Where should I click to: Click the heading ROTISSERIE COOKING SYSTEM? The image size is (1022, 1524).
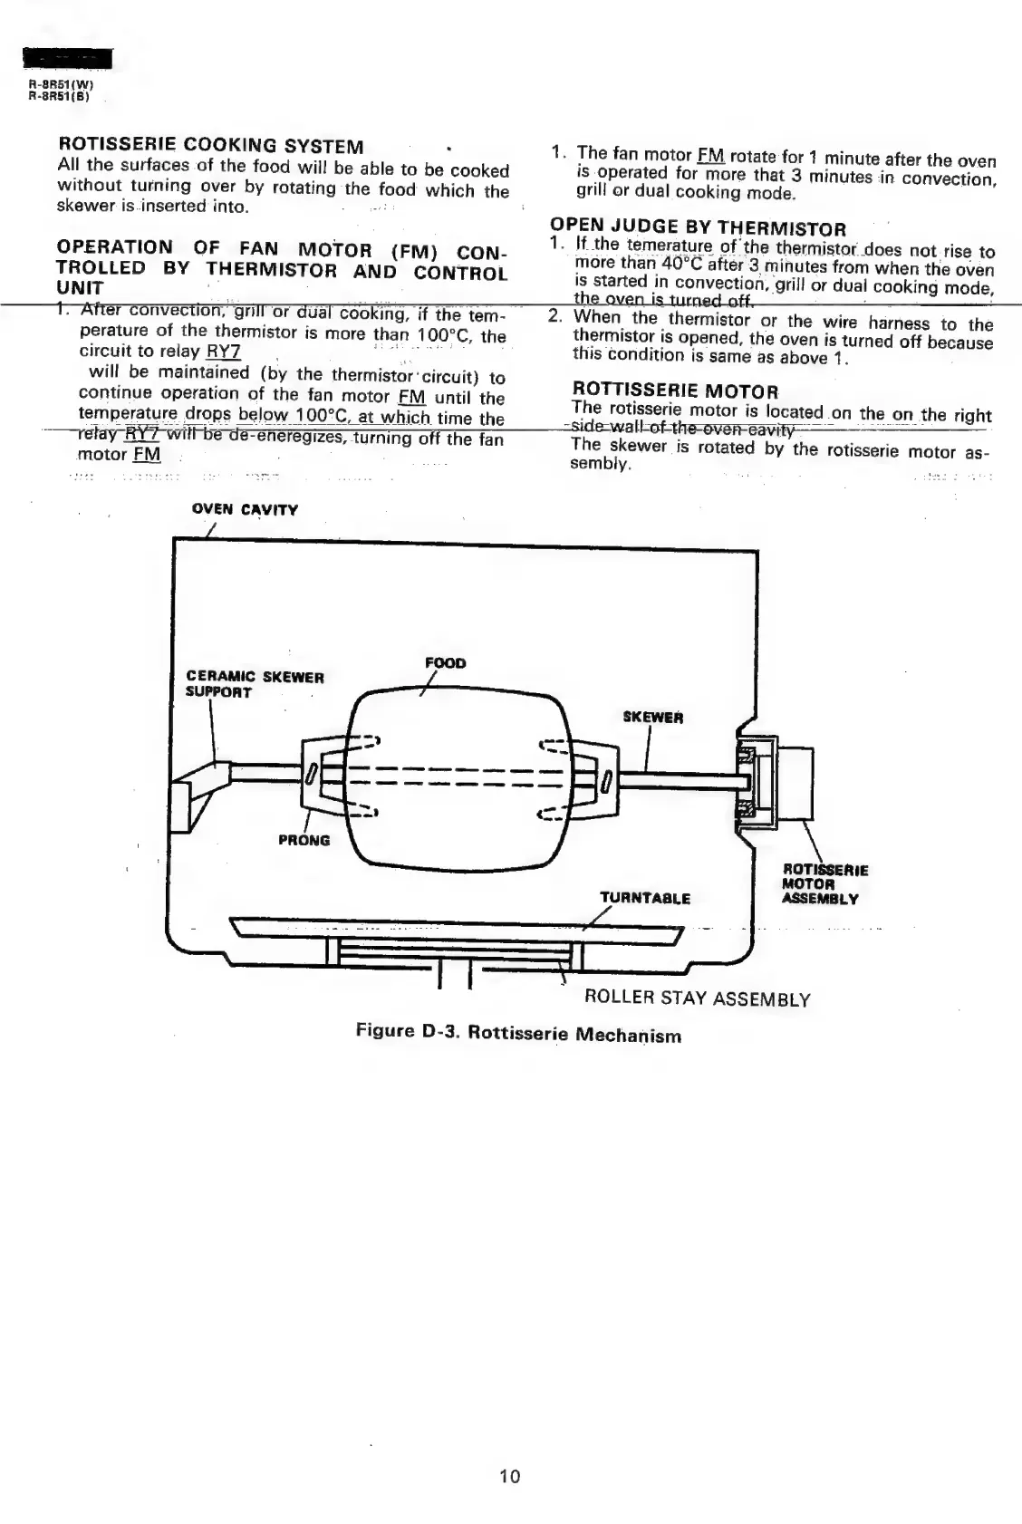tap(210, 145)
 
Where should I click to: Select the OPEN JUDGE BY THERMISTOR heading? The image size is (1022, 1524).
tap(698, 228)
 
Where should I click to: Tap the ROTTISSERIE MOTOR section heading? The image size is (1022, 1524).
tap(675, 391)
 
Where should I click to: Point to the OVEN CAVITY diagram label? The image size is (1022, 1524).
tap(245, 509)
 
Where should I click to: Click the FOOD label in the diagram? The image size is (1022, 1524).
tap(445, 663)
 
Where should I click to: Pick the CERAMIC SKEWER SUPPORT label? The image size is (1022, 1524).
tap(255, 684)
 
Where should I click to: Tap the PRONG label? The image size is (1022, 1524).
tap(304, 840)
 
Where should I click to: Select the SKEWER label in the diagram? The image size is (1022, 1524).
tap(653, 718)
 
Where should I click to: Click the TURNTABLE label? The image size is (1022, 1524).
tap(645, 898)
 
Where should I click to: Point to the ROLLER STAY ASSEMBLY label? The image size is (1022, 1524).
tap(697, 998)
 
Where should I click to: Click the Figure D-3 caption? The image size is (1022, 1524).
tap(518, 1033)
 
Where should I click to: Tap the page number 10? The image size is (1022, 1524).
tap(510, 1476)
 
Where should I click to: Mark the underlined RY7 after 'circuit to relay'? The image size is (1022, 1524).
tap(223, 352)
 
